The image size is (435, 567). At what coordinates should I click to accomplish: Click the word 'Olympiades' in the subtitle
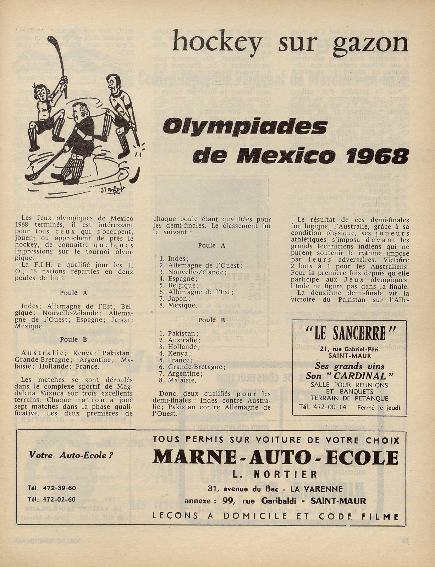click(x=245, y=127)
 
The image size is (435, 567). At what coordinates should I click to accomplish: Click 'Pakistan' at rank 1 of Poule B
click(x=181, y=333)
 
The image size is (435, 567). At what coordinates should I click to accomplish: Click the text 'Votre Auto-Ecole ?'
click(x=71, y=455)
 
